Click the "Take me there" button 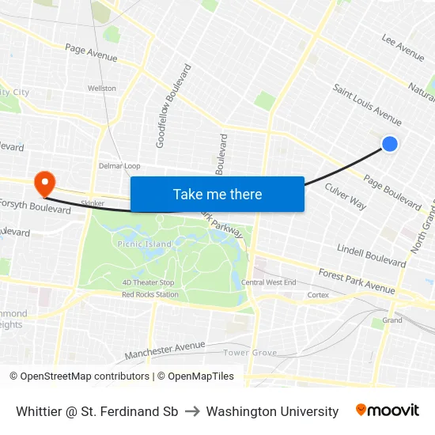[217, 195]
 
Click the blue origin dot [390, 143]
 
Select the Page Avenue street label [91, 53]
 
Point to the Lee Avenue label [403, 47]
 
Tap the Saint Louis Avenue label [367, 104]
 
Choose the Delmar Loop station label [119, 166]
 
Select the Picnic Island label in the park [145, 244]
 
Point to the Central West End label [269, 282]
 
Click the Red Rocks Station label [150, 294]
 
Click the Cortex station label [318, 295]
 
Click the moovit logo [388, 410]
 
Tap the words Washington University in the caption [272, 411]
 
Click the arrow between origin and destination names [192, 411]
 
